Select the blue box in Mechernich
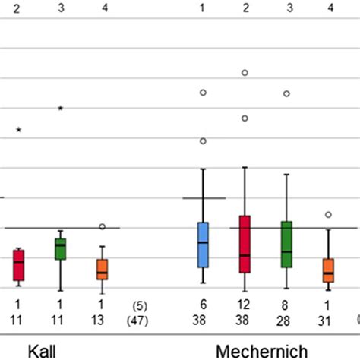tap(203, 245)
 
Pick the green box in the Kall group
tap(60, 248)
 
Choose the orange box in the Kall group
tap(102, 269)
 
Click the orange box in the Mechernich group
tap(328, 270)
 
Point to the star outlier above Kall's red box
tap(19, 131)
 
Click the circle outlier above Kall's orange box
tap(102, 226)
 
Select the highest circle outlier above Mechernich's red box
tap(245, 73)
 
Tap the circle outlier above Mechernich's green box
tap(286, 94)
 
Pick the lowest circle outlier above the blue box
tap(203, 141)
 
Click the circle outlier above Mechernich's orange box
tap(328, 215)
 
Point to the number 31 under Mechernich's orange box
tap(328, 320)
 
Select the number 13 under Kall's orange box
tap(102, 320)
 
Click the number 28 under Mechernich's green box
tap(286, 320)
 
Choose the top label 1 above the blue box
tap(203, 8)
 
